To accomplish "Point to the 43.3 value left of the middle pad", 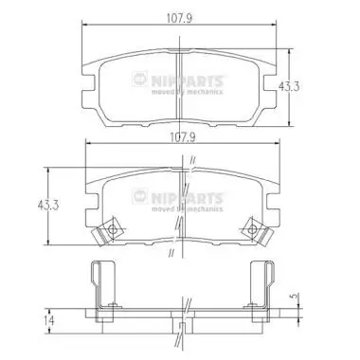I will point(28,205).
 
